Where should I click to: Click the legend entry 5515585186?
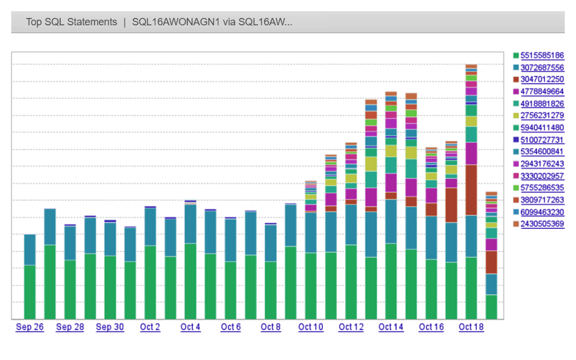click(542, 56)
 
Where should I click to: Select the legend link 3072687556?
click(542, 67)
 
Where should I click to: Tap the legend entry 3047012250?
click(542, 79)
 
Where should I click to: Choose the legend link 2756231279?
click(542, 115)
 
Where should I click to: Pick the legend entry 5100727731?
click(542, 139)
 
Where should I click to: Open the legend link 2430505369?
click(542, 224)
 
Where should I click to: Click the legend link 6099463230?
click(542, 212)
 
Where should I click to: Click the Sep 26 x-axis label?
click(30, 327)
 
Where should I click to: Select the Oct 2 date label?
click(150, 327)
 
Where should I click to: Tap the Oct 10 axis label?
click(310, 327)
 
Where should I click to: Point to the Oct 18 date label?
click(471, 327)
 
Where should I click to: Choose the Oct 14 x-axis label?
click(391, 327)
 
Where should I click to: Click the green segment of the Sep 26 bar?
click(30, 291)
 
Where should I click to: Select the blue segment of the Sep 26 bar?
click(30, 250)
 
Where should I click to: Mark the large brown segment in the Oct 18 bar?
click(471, 190)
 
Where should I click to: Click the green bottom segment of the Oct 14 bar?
click(391, 281)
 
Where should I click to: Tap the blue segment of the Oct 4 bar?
click(191, 224)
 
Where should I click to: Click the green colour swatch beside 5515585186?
click(515, 56)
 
